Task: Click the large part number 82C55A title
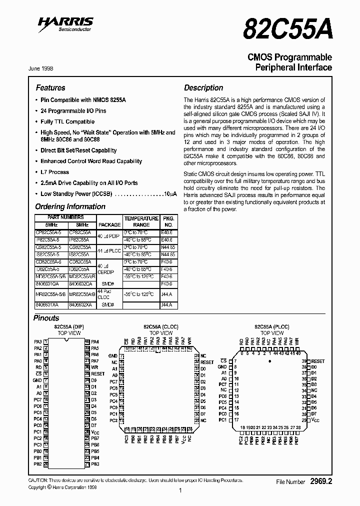click(x=287, y=29)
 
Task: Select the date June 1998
click(x=39, y=68)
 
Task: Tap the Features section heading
click(x=50, y=87)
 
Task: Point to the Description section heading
click(x=203, y=87)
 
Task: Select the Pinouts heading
click(x=46, y=318)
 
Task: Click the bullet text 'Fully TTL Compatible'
click(x=67, y=121)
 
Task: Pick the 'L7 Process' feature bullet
click(x=54, y=172)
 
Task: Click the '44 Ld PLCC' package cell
click(x=109, y=250)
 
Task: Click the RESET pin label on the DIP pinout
click(x=98, y=373)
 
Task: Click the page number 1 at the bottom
click(x=179, y=491)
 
